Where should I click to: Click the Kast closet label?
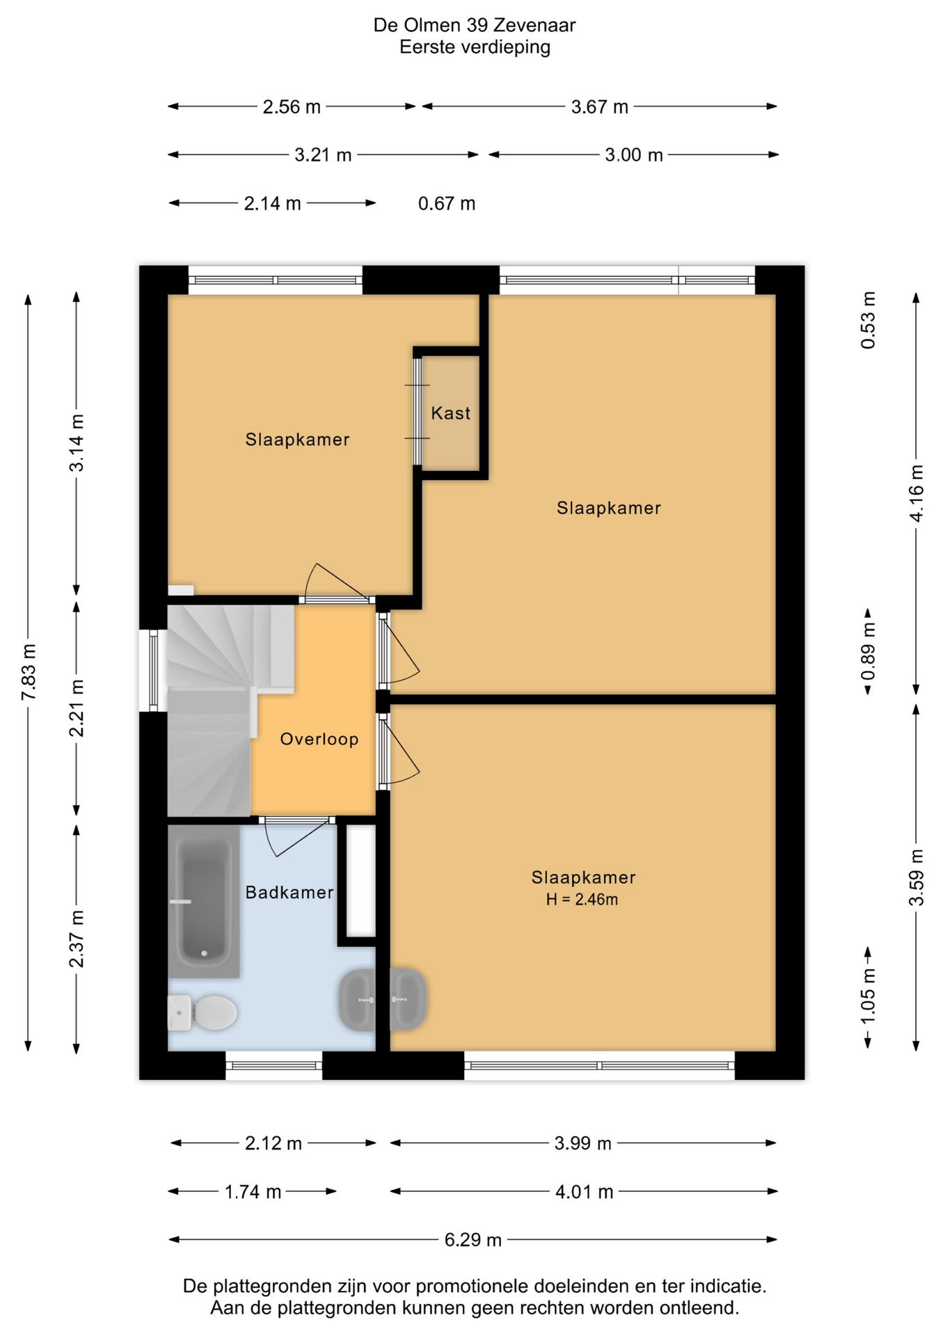click(450, 413)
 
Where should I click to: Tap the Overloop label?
click(319, 739)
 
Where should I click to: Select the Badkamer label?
click(289, 892)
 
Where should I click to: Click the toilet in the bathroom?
click(202, 1012)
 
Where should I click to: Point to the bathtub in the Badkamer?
click(204, 902)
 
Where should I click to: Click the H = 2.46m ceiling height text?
click(582, 900)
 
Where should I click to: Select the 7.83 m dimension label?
click(29, 673)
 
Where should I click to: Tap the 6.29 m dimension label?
click(473, 1240)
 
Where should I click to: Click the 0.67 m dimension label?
click(447, 204)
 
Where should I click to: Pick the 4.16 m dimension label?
click(916, 493)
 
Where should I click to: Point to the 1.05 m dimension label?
click(868, 996)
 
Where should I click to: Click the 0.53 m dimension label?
click(868, 320)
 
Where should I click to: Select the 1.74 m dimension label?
click(253, 1192)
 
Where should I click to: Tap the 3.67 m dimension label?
click(600, 107)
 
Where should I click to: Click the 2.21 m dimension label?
click(77, 708)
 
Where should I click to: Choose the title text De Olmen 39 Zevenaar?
click(475, 25)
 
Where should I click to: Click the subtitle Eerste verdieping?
click(475, 47)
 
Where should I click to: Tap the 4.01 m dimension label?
click(585, 1192)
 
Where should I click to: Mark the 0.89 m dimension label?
click(868, 651)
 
